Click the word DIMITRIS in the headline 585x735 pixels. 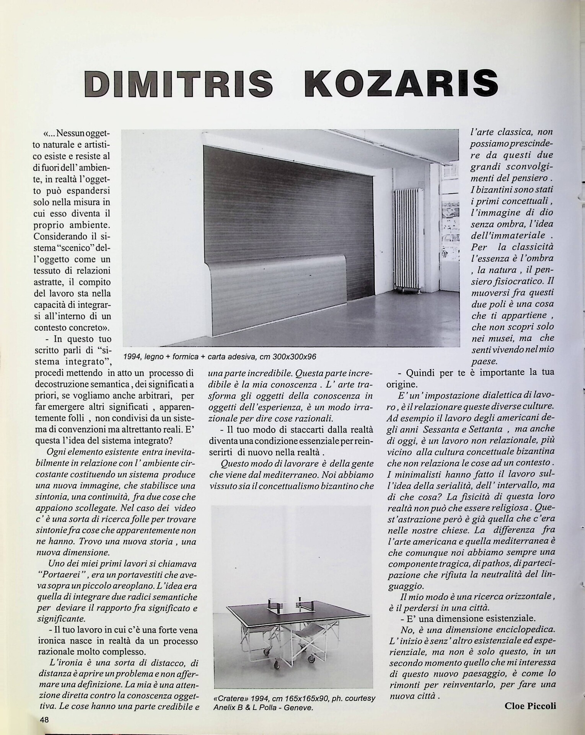point(179,83)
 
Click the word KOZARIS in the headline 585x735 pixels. point(401,83)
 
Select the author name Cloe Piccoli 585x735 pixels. point(530,706)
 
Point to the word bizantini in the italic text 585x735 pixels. point(494,189)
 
